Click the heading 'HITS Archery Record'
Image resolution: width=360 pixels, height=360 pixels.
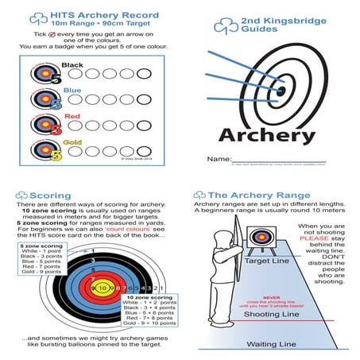click(103, 15)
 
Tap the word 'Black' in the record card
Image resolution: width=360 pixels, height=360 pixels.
click(72, 65)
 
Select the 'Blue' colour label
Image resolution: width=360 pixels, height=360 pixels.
click(72, 91)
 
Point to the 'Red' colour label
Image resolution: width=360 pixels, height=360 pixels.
click(71, 116)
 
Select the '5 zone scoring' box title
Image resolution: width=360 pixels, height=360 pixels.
click(37, 247)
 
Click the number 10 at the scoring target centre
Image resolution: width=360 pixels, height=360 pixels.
click(103, 287)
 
